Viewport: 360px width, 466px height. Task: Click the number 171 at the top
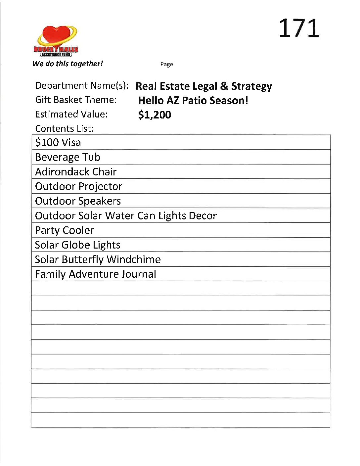[299, 28]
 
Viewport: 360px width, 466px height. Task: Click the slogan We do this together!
[67, 64]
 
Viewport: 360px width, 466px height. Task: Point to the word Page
[166, 64]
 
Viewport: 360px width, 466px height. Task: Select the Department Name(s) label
[82, 85]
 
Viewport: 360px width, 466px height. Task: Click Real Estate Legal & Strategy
[203, 86]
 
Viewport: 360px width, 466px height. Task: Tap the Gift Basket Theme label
[76, 100]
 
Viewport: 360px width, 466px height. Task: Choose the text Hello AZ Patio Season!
[193, 100]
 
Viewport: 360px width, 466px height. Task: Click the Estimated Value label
[71, 114]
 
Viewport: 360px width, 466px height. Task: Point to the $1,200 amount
[155, 115]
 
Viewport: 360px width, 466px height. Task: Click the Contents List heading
[65, 128]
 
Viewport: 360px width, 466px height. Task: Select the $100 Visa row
[58, 143]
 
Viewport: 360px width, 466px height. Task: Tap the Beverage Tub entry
[67, 157]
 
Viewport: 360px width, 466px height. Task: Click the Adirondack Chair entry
[76, 172]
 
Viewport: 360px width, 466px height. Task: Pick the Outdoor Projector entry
[78, 186]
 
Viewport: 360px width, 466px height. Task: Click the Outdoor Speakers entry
[78, 201]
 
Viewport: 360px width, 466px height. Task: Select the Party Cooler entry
[65, 230]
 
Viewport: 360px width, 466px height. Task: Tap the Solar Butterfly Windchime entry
[98, 259]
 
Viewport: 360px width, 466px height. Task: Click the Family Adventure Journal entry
[95, 274]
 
